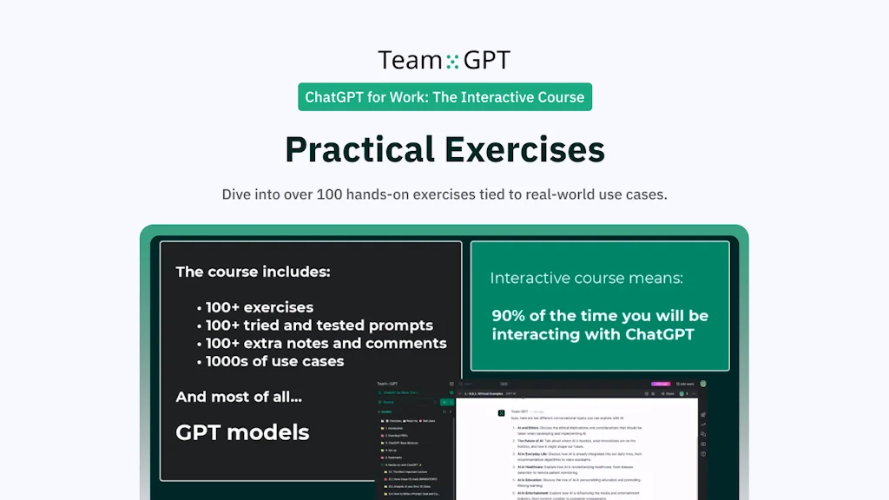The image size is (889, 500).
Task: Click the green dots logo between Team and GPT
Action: [451, 61]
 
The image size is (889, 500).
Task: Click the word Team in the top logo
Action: [410, 60]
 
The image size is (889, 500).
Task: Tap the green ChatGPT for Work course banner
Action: [444, 97]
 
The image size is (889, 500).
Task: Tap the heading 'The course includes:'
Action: [253, 272]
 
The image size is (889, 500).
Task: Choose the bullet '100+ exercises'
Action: [259, 307]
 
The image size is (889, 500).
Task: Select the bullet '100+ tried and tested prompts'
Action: [319, 326]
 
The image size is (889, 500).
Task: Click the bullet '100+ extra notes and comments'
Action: [326, 344]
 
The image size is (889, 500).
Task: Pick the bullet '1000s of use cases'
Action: [274, 361]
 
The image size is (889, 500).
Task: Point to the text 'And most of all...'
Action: [239, 397]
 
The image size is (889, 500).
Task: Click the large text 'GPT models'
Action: [242, 432]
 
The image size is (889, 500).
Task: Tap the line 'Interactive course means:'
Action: [586, 279]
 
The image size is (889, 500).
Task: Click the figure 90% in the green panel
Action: [510, 316]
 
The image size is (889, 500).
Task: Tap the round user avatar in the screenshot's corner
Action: [703, 384]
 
